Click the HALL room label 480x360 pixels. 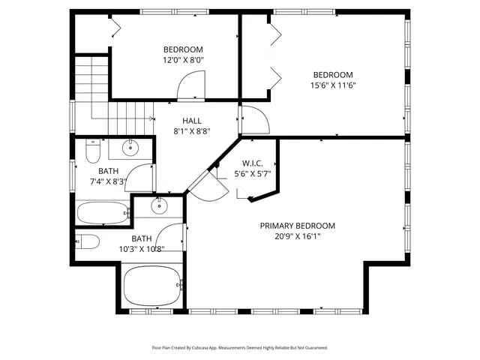point(192,120)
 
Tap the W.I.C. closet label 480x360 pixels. point(251,163)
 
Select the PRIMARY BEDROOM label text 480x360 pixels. point(297,226)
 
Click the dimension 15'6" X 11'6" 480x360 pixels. point(333,85)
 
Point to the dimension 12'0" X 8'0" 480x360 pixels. point(184,60)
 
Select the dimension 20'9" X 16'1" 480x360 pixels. point(297,236)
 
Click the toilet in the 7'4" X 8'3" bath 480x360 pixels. point(93,153)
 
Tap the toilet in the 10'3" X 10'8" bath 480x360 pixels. point(88,241)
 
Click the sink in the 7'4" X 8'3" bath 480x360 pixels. point(131,147)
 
